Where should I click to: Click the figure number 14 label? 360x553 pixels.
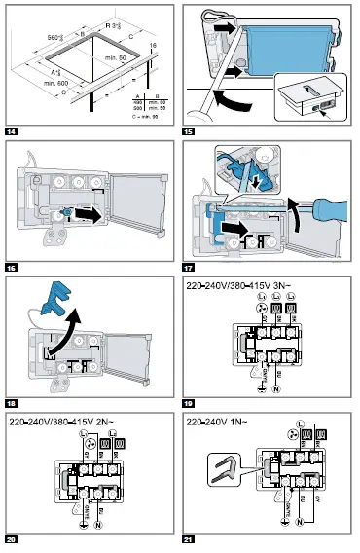coord(12,130)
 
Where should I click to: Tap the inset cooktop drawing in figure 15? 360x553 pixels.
coord(309,96)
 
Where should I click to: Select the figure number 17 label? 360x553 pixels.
coord(191,266)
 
